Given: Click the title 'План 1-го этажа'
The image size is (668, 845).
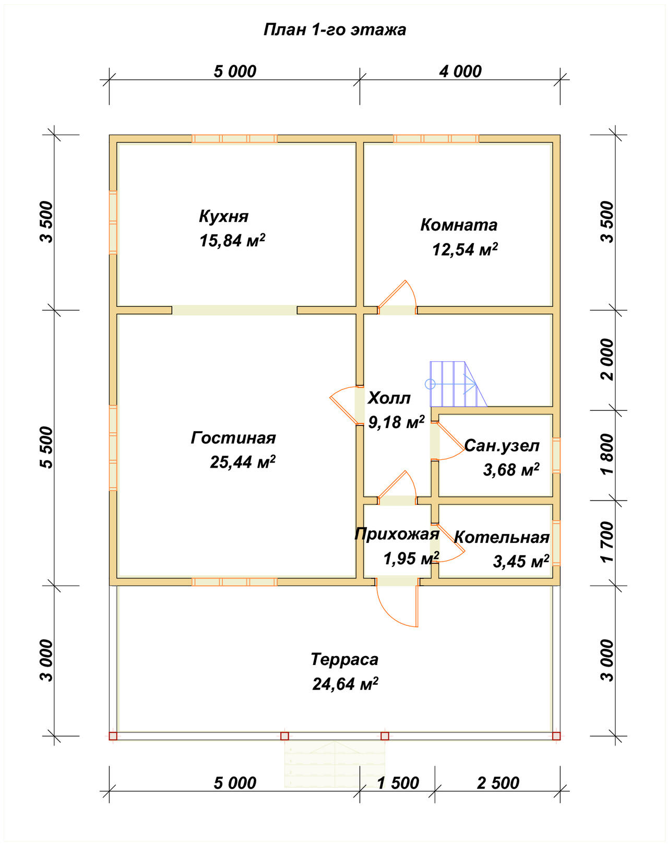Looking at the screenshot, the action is click(335, 30).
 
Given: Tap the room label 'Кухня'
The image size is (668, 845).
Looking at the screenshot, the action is click(224, 217).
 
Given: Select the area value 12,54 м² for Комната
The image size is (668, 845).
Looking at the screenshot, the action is click(465, 249).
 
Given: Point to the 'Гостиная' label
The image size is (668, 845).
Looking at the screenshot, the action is click(233, 438).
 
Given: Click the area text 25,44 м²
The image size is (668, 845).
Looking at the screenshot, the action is click(243, 462).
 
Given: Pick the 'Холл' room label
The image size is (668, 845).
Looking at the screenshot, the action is click(389, 398).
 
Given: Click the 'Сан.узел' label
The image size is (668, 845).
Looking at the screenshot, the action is click(502, 446).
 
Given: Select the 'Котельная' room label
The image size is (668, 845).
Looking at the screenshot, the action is click(502, 538).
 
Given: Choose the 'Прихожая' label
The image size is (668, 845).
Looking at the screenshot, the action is click(397, 534).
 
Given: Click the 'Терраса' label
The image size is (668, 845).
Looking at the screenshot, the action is click(344, 660).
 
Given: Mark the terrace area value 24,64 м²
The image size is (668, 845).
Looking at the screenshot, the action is click(345, 684).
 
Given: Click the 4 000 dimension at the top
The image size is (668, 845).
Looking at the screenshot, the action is click(460, 72).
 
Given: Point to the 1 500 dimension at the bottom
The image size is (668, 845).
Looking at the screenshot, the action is click(398, 783).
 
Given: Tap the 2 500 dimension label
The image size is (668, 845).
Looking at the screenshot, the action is click(498, 783).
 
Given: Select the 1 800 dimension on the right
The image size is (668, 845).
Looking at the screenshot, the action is click(607, 454).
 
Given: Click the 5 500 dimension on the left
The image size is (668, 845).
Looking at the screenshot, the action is click(46, 447).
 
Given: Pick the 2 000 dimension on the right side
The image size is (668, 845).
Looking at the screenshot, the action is click(607, 359).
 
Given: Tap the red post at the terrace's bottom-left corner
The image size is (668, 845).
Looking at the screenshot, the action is click(113, 736).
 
